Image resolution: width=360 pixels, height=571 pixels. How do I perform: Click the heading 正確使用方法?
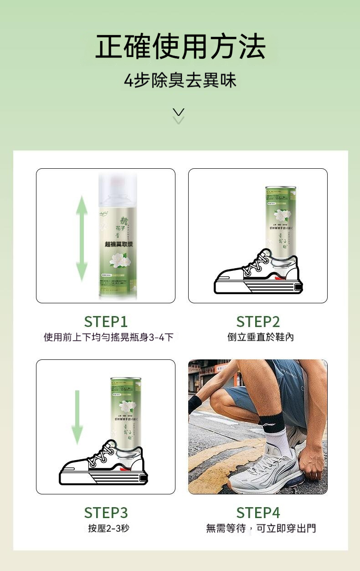[x=180, y=47]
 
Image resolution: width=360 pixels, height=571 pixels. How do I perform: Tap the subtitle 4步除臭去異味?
[x=180, y=81]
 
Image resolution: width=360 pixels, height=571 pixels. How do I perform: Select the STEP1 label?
[x=106, y=322]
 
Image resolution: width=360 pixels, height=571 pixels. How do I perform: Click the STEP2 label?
[x=258, y=322]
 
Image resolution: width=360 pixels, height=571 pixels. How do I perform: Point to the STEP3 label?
[x=106, y=513]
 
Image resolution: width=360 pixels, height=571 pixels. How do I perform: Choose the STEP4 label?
[x=258, y=513]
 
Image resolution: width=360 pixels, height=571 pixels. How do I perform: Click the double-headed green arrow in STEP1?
[x=82, y=238]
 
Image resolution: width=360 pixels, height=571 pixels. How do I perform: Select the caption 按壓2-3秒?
[x=108, y=529]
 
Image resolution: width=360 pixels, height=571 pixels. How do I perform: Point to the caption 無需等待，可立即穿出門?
[x=261, y=529]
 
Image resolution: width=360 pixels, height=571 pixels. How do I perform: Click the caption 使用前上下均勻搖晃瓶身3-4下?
[x=108, y=337]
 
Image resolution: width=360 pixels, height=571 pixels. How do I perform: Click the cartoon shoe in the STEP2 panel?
[x=257, y=275]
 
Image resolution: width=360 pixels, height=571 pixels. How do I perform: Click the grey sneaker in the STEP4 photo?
[x=264, y=470]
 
